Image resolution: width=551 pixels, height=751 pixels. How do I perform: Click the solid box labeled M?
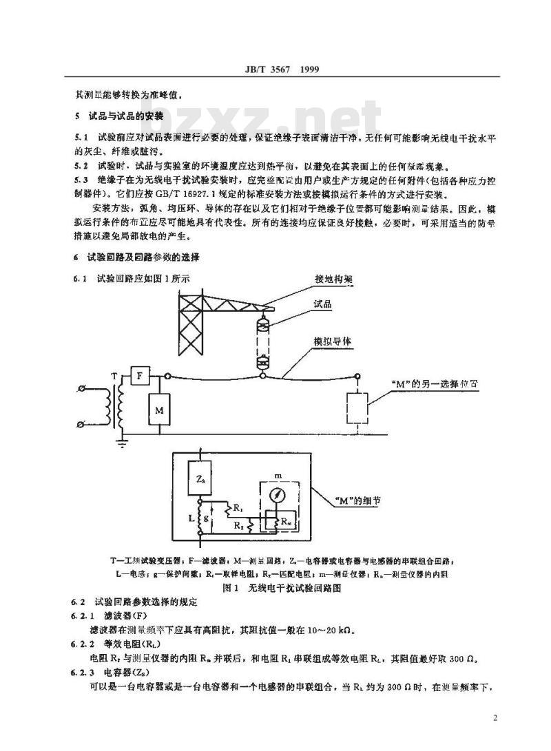click(158, 410)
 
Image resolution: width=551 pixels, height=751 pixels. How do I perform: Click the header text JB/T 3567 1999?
click(275, 70)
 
